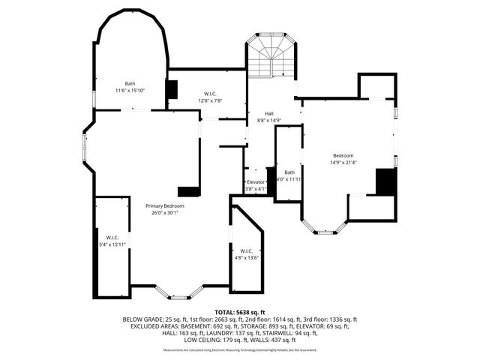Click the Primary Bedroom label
click(x=164, y=205)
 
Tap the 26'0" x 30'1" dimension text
click(x=164, y=212)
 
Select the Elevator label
click(x=256, y=182)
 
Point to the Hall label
click(x=269, y=113)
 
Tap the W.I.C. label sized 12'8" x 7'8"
click(x=210, y=94)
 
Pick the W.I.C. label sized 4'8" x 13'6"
click(x=247, y=251)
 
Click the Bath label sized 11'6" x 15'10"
click(x=129, y=83)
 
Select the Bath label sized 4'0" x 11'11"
click(x=289, y=172)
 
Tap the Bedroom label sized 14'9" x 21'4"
click(x=343, y=155)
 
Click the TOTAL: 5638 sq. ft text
click(x=239, y=311)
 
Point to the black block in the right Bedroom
click(x=385, y=181)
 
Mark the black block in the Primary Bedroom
click(x=187, y=190)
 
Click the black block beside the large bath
click(x=172, y=88)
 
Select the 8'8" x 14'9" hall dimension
click(x=269, y=120)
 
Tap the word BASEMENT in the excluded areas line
click(x=194, y=326)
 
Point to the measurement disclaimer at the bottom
click(x=239, y=349)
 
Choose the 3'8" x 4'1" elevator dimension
click(x=256, y=189)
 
